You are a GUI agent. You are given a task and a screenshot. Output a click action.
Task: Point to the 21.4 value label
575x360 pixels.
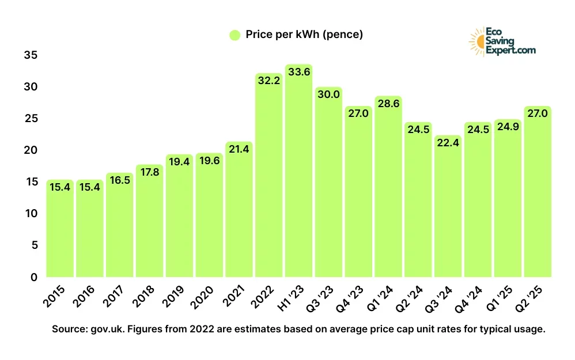click(x=239, y=150)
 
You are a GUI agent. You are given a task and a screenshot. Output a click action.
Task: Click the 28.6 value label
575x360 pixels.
click(x=388, y=104)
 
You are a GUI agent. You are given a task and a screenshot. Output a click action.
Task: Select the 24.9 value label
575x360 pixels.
click(x=508, y=127)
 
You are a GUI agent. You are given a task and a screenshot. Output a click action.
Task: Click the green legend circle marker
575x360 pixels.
click(x=234, y=35)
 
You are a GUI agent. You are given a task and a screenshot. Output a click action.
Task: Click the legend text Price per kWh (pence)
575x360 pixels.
click(x=304, y=35)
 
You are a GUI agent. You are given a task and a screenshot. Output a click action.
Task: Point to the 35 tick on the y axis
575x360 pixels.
click(x=31, y=55)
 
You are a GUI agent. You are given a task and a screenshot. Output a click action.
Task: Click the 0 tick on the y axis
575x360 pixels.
click(x=34, y=277)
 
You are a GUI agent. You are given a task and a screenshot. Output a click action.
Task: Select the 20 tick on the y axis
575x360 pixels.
click(x=31, y=150)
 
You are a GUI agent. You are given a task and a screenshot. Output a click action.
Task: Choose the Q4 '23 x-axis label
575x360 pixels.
click(x=353, y=298)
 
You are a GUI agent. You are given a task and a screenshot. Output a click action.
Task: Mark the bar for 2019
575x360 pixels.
click(x=179, y=216)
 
